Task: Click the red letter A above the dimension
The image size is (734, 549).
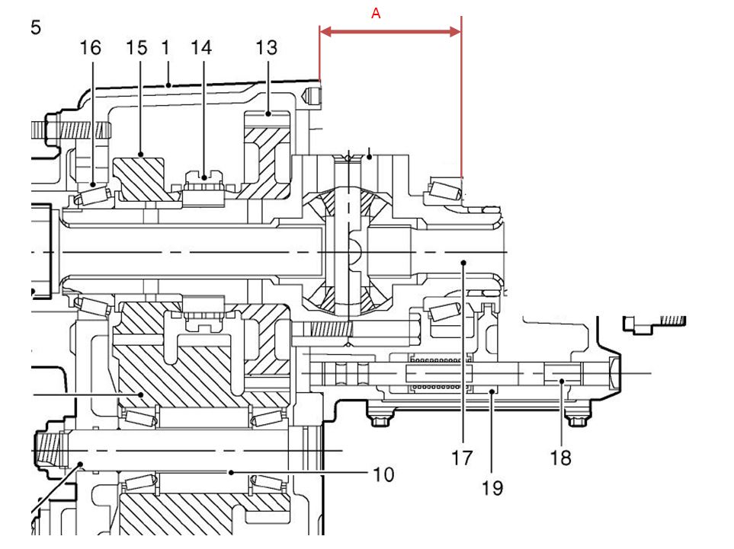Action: point(376,14)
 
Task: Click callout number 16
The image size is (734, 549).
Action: point(91,48)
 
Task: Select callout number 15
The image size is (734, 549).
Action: point(136,48)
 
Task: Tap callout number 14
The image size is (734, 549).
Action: point(201,48)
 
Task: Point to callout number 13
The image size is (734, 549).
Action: point(266,48)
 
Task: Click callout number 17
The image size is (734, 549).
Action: point(462,458)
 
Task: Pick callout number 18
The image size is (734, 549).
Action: point(560,458)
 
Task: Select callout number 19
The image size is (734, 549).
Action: point(492,488)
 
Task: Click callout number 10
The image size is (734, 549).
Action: point(384,474)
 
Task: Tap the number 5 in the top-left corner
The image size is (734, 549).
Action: point(36,27)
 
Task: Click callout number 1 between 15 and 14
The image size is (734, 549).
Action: point(165,48)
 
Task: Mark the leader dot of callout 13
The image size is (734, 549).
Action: point(268,113)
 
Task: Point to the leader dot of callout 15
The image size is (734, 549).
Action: point(140,154)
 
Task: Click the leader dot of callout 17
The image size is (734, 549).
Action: point(463,263)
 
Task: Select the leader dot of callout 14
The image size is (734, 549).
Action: point(204,177)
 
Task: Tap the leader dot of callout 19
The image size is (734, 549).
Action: point(492,391)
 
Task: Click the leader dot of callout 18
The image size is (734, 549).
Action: point(562,381)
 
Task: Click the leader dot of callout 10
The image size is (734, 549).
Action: point(231,473)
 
